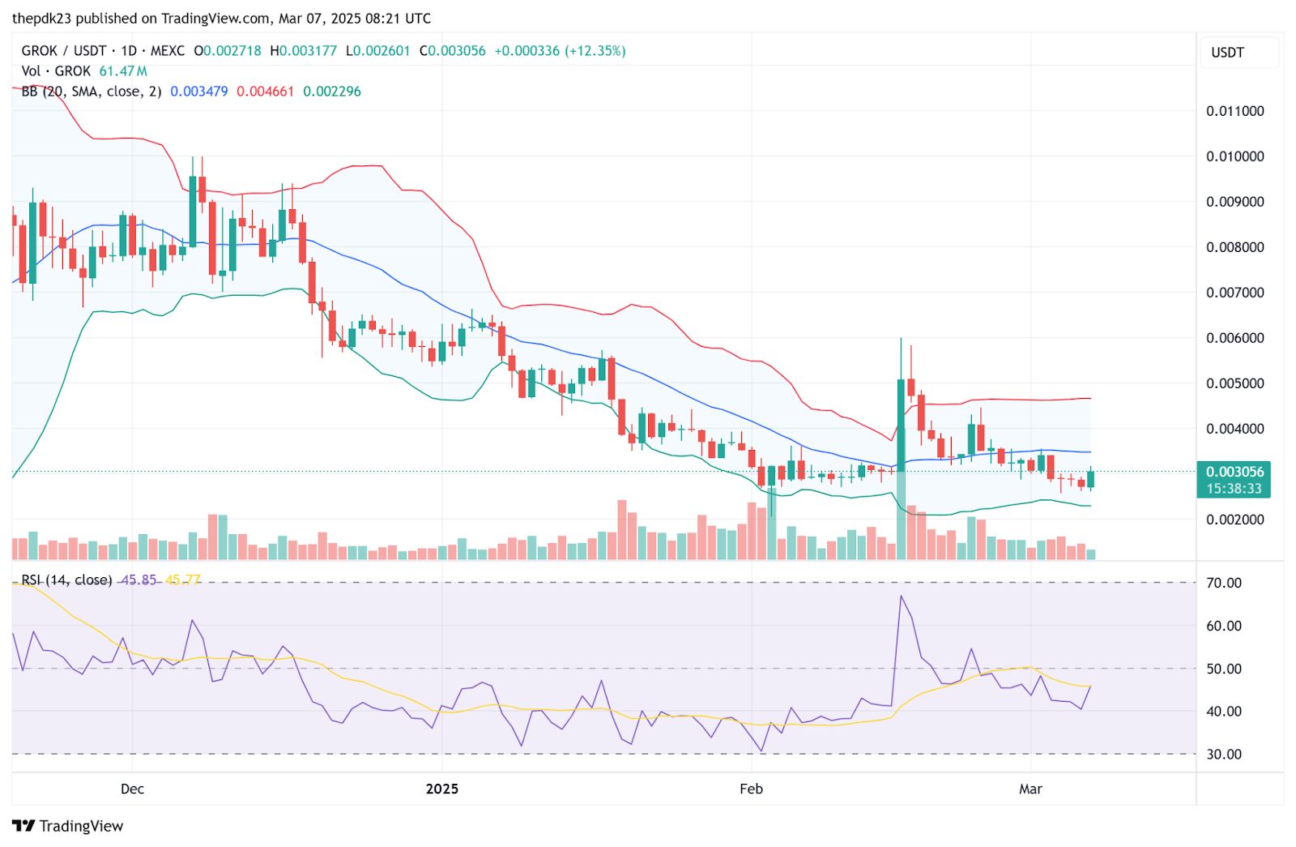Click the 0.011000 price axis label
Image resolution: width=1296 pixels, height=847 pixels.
pos(1234,111)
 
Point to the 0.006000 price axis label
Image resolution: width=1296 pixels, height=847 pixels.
pos(1234,338)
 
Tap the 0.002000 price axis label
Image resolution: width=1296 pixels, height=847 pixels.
pos(1234,520)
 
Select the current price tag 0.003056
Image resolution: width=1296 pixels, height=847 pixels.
pos(1234,472)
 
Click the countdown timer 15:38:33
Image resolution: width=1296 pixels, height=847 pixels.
pos(1234,489)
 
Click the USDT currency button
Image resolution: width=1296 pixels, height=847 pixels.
pos(1227,53)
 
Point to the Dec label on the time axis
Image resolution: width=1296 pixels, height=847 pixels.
pos(132,789)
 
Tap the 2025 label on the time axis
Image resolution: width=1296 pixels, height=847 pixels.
pos(442,789)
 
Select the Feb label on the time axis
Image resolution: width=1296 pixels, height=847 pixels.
pos(751,789)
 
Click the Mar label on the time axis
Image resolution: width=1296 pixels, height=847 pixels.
pos(1030,789)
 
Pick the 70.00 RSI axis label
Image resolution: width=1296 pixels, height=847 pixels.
pos(1224,583)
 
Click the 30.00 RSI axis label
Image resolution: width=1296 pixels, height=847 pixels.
pos(1224,754)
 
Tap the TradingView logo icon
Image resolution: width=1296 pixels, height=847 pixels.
pos(23,826)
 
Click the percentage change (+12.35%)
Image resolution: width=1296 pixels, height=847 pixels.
pos(595,51)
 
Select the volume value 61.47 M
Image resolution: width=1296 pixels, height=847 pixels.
pos(123,71)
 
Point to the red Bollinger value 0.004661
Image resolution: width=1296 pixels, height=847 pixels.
pos(265,92)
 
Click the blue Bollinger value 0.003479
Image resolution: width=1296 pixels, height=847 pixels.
pos(199,92)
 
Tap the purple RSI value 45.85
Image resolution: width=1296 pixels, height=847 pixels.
pos(139,580)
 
